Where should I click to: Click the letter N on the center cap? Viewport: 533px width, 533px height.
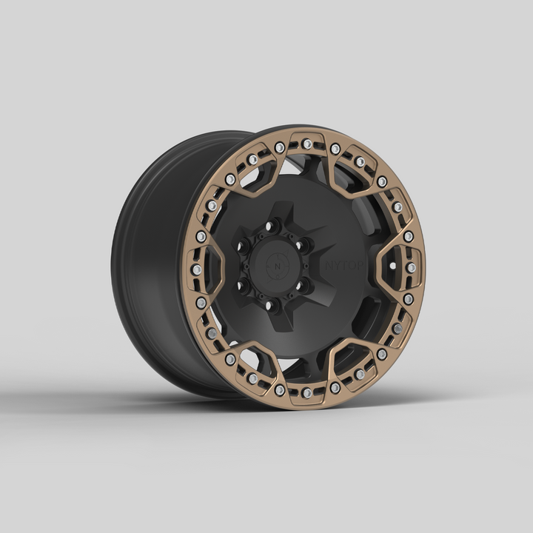click(x=278, y=264)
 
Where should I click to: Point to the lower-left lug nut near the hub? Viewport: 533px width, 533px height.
click(x=242, y=284)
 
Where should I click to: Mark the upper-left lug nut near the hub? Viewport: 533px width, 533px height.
click(x=243, y=245)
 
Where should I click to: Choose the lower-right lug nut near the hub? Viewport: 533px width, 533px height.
click(x=302, y=285)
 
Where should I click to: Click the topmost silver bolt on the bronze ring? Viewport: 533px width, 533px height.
click(x=307, y=144)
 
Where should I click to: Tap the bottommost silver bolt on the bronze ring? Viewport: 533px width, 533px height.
click(x=306, y=393)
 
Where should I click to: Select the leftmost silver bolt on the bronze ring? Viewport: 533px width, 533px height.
click(x=197, y=269)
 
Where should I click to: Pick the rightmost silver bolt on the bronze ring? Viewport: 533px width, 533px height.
click(x=412, y=266)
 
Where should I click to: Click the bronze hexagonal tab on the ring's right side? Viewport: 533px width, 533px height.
click(x=400, y=267)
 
